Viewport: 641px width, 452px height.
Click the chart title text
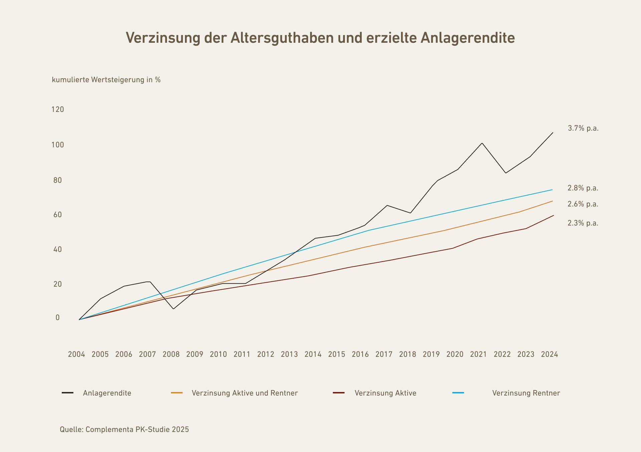click(320, 38)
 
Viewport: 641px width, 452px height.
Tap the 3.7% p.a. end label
click(583, 128)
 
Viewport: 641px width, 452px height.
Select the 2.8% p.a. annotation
click(583, 188)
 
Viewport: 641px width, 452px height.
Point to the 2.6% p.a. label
click(583, 204)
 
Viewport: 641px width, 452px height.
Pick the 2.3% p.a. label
click(583, 223)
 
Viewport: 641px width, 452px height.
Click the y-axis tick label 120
click(57, 110)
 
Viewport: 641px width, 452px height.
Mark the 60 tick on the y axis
click(57, 215)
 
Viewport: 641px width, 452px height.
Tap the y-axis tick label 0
click(58, 318)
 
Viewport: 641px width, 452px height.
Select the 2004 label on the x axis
click(76, 354)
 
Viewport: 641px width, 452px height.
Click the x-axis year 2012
click(266, 354)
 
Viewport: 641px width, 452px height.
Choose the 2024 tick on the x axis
click(550, 354)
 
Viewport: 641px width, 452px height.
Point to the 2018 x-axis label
click(408, 354)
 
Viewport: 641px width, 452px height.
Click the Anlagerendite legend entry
click(107, 393)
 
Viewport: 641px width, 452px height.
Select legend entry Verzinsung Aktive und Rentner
click(244, 393)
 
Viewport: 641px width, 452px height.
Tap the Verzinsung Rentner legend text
click(526, 393)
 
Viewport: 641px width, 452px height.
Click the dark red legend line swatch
click(339, 393)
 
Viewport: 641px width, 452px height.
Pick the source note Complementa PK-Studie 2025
click(124, 430)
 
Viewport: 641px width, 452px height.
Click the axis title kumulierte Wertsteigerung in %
click(106, 80)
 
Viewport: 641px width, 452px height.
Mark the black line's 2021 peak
click(482, 143)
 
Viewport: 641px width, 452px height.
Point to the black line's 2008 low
click(173, 309)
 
